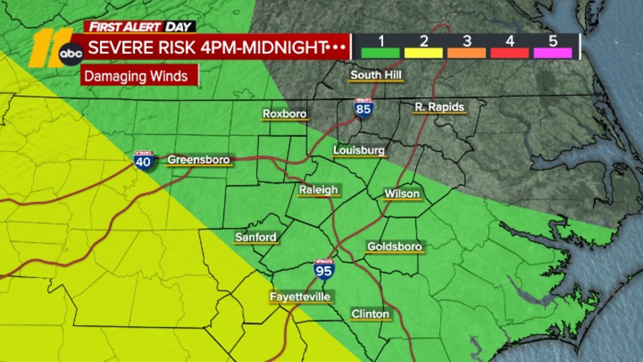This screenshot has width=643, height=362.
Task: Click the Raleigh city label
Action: (318, 190)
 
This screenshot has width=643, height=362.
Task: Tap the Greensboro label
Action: (199, 160)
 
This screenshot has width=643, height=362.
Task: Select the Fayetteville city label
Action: (300, 297)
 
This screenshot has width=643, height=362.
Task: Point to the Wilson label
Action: (402, 194)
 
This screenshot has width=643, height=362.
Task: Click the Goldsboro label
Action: (394, 246)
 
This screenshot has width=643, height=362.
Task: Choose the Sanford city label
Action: (256, 237)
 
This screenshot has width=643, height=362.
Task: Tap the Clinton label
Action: (370, 314)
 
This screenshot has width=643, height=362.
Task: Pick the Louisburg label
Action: (359, 150)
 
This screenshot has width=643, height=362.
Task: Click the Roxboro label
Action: (285, 114)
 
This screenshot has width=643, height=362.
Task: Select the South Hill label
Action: (376, 75)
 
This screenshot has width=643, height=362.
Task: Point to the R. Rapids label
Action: (439, 107)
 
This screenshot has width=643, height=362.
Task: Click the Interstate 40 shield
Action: (143, 160)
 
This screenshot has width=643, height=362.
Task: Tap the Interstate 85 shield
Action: (363, 108)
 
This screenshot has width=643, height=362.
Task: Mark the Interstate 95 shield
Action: (324, 270)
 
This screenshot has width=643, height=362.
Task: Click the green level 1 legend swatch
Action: (380, 53)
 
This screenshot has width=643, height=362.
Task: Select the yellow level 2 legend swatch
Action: (423, 53)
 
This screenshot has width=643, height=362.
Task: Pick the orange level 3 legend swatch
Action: (466, 53)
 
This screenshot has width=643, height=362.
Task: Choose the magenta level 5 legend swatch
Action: (553, 53)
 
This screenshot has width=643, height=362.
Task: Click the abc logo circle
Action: (71, 53)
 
